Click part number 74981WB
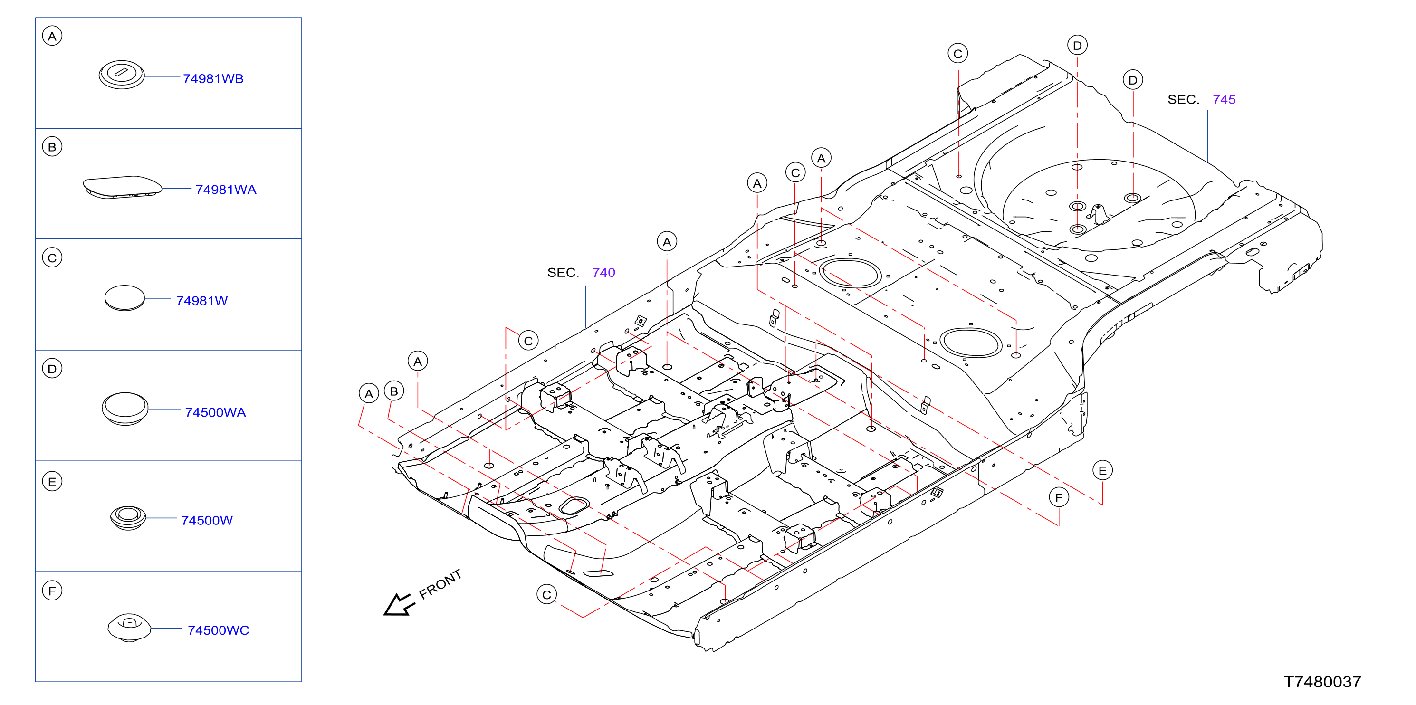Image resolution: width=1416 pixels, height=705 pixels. (x=213, y=78)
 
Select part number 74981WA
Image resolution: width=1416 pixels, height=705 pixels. (x=226, y=190)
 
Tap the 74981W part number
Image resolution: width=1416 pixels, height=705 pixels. (x=202, y=301)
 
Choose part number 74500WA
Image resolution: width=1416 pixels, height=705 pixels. (x=215, y=412)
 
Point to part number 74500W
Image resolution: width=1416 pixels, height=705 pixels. (x=207, y=520)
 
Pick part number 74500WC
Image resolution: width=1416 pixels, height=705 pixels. (x=218, y=630)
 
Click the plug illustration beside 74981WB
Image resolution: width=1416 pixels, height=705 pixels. (x=122, y=75)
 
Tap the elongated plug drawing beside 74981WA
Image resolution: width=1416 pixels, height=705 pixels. (x=122, y=187)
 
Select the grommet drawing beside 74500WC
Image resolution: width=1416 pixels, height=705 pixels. (x=129, y=628)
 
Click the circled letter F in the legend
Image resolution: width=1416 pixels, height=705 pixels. (x=52, y=591)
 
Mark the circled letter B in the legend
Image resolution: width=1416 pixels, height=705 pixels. (x=52, y=147)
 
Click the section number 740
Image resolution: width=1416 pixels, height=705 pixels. (x=603, y=273)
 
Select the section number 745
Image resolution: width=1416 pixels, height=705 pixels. (x=1224, y=99)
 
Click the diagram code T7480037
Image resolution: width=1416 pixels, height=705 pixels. (x=1322, y=682)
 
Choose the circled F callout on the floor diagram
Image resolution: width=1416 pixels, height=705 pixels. (x=1059, y=498)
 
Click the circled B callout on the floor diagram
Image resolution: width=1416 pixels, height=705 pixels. (x=393, y=391)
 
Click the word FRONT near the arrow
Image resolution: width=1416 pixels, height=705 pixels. (x=440, y=585)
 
